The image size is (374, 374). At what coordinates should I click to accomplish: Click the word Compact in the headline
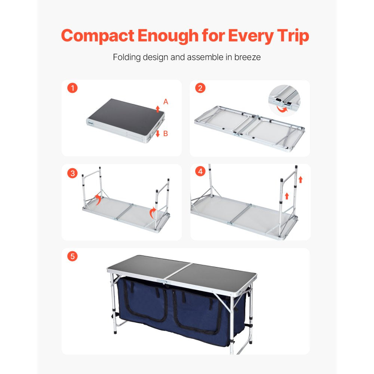[x=97, y=36]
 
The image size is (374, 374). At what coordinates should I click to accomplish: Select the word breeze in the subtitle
[x=247, y=58]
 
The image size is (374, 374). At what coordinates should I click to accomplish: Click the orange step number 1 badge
[x=73, y=89]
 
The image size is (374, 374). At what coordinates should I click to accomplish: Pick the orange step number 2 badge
[x=200, y=89]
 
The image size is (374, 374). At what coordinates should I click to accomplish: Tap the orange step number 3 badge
[x=73, y=173]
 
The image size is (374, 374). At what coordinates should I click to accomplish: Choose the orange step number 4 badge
[x=200, y=172]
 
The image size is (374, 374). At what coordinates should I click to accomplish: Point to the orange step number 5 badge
[x=73, y=257]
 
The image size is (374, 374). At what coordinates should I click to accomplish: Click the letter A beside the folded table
[x=166, y=102]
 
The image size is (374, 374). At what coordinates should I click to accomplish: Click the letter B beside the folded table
[x=166, y=133]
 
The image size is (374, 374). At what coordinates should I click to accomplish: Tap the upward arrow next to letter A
[x=157, y=109]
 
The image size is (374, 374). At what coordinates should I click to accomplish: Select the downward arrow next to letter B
[x=157, y=134]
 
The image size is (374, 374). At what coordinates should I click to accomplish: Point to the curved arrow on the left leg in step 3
[x=98, y=199]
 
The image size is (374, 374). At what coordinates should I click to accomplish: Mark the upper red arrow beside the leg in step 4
[x=300, y=180]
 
